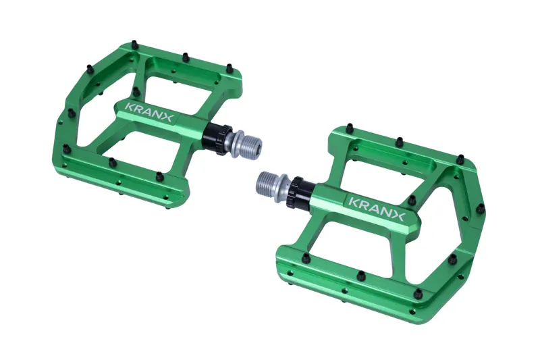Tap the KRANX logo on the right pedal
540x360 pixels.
click(x=376, y=208)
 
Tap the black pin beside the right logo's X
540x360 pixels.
click(x=412, y=200)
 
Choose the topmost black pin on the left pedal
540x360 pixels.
click(x=133, y=45)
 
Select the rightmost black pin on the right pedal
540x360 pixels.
click(x=480, y=209)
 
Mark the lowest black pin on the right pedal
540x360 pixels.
click(x=418, y=294)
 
